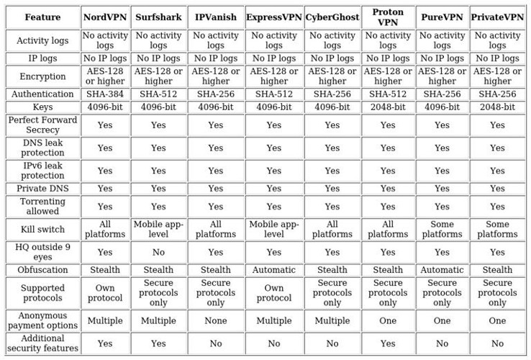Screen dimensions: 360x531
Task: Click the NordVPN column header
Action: click(x=105, y=17)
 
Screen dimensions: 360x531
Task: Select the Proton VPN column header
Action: click(x=388, y=17)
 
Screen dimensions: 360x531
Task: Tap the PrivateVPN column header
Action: click(x=497, y=17)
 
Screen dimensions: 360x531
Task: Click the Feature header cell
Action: click(x=42, y=17)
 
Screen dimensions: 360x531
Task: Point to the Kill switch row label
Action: click(x=42, y=229)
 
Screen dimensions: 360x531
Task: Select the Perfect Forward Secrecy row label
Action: click(x=42, y=125)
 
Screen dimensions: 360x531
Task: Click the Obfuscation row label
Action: click(x=42, y=270)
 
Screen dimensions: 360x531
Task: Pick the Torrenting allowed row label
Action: click(x=42, y=207)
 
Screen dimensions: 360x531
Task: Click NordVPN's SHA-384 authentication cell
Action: click(x=105, y=94)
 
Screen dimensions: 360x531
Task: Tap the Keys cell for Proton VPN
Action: click(x=388, y=107)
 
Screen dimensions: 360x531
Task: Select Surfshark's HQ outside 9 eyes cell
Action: click(x=158, y=252)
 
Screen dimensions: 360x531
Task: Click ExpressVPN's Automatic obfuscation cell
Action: click(x=274, y=270)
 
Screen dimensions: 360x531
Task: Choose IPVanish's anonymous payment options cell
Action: click(x=216, y=320)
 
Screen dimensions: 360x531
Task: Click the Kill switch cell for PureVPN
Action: click(x=442, y=229)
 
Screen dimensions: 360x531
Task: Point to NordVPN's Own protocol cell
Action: click(x=105, y=293)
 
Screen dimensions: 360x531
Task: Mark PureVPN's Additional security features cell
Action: click(x=442, y=343)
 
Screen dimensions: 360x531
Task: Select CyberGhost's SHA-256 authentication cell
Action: click(x=332, y=94)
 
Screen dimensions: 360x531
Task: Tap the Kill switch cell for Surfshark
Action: click(x=158, y=229)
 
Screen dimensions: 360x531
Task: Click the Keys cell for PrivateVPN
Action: click(x=497, y=107)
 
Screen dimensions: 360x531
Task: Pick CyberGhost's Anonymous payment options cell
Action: click(x=332, y=320)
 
